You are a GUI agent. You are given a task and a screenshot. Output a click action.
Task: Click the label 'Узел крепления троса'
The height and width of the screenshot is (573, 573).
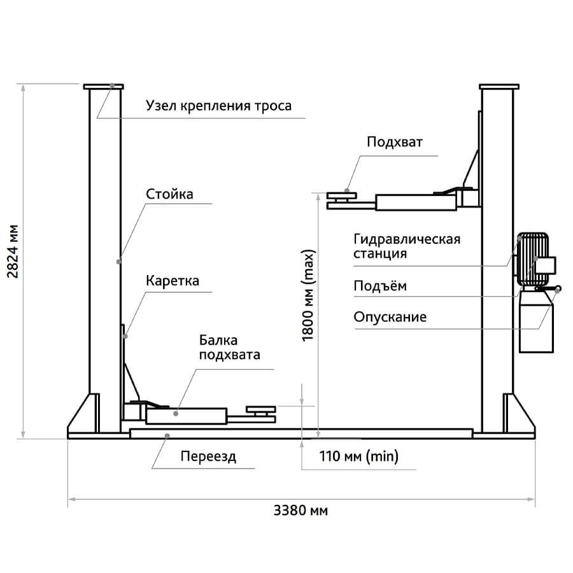pyautogui.click(x=218, y=106)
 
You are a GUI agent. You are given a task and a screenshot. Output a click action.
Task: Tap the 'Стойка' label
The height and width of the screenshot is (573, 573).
pyautogui.click(x=169, y=194)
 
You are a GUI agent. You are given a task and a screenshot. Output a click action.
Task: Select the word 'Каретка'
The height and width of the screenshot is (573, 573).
pyautogui.click(x=173, y=281)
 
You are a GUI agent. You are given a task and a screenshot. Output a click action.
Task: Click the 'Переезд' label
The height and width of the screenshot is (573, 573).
pyautogui.click(x=208, y=456)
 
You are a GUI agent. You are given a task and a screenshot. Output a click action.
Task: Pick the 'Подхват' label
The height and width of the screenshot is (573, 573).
pyautogui.click(x=395, y=141)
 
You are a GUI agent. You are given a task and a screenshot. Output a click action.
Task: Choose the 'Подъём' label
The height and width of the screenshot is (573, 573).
pyautogui.click(x=379, y=286)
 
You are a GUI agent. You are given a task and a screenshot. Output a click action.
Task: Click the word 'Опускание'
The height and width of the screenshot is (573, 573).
pyautogui.click(x=390, y=316)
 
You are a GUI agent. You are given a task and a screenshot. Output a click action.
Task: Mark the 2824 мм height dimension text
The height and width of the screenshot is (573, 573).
pyautogui.click(x=12, y=251)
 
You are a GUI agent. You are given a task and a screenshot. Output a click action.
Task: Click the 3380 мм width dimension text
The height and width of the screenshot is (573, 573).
pyautogui.click(x=301, y=511)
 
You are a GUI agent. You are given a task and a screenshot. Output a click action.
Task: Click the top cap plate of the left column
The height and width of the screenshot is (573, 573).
pyautogui.click(x=102, y=87)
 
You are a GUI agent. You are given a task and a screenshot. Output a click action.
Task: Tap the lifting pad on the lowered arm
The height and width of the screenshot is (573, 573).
pyautogui.click(x=261, y=411)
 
